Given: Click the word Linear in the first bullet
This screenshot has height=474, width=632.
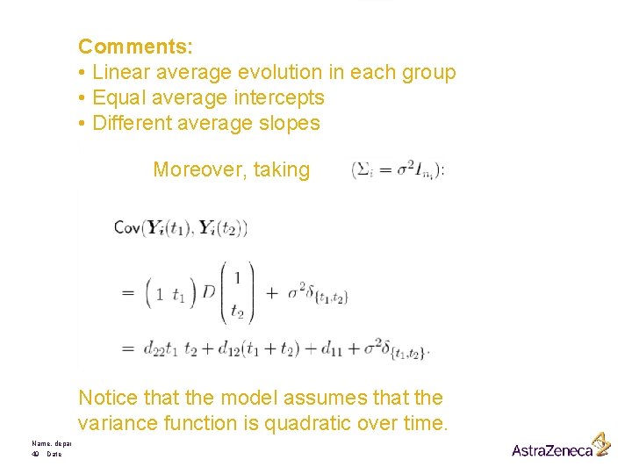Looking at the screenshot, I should pyautogui.click(x=120, y=72).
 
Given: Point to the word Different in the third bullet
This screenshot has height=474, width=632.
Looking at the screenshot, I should pyautogui.click(x=130, y=123).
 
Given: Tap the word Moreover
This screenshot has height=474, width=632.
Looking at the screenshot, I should pyautogui.click(x=198, y=169).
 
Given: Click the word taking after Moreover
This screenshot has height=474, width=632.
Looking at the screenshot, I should pyautogui.click(x=281, y=169).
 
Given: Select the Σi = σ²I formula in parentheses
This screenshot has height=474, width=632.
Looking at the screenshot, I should pyautogui.click(x=398, y=169).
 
